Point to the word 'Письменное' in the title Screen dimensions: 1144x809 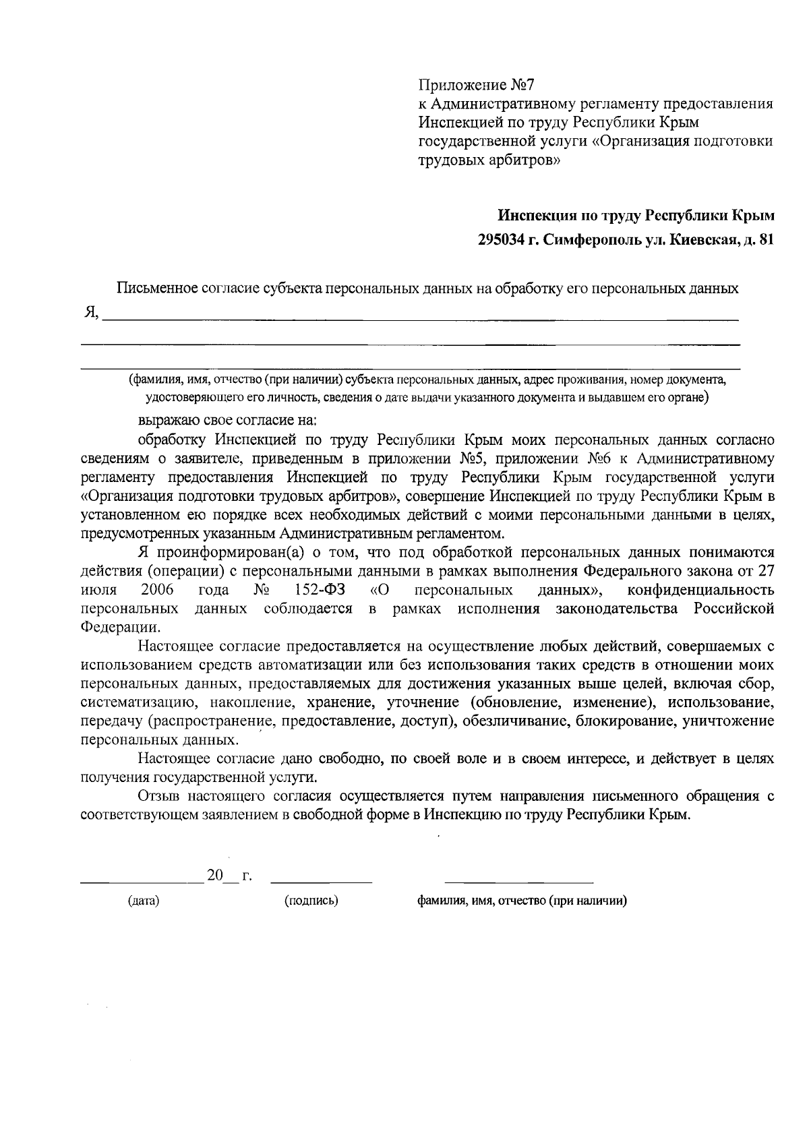153,289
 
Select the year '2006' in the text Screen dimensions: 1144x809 158,591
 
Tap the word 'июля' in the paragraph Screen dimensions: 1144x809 98,591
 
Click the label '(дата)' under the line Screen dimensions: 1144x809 144,901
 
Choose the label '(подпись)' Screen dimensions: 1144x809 311,901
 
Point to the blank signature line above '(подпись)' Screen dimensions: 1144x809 321,881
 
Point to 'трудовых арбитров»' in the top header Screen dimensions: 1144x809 489,160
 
